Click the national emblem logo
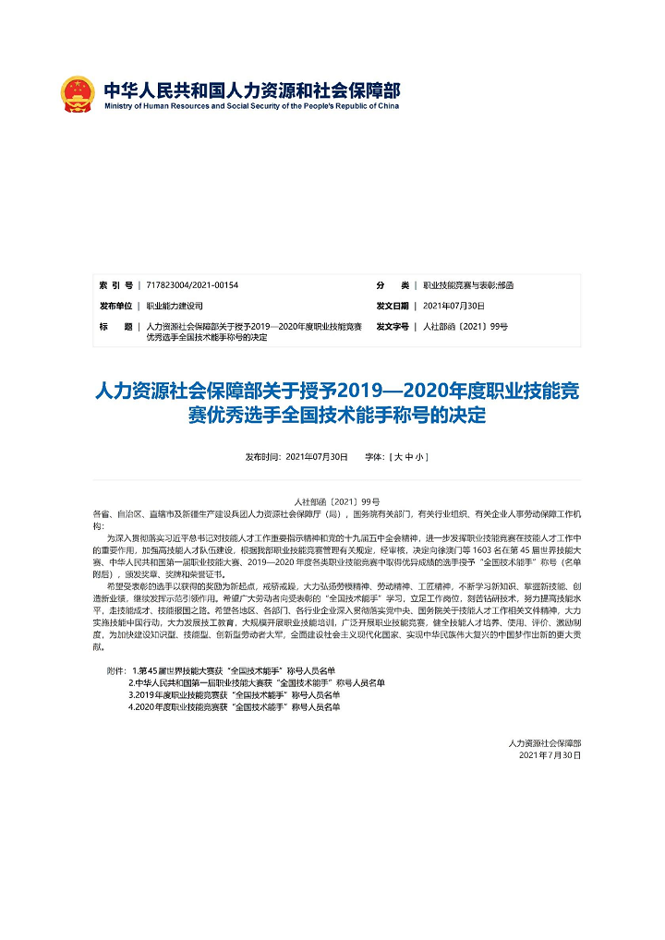point(78,93)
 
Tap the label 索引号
point(115,285)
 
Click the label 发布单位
point(115,306)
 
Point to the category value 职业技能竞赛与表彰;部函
point(468,285)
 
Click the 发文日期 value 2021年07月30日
point(453,306)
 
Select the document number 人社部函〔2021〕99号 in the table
point(465,327)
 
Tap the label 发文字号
point(393,327)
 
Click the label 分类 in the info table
point(393,285)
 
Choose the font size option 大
point(398,457)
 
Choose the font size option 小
point(420,457)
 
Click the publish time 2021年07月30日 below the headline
point(317,457)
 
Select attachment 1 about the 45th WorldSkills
point(234,669)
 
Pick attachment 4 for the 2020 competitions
point(235,706)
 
